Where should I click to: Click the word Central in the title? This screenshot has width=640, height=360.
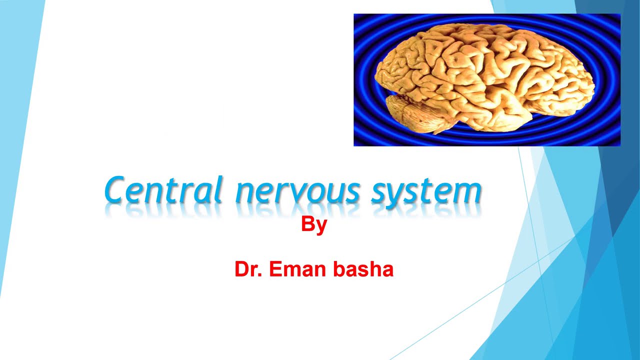(x=163, y=190)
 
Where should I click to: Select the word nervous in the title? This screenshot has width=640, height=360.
(x=297, y=192)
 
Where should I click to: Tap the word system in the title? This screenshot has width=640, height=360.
(x=426, y=192)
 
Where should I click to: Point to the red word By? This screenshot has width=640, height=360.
(x=314, y=224)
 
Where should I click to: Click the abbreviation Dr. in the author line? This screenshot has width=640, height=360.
(x=249, y=269)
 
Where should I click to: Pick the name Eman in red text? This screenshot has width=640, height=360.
(x=290, y=269)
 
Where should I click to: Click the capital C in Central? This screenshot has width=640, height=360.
(x=116, y=190)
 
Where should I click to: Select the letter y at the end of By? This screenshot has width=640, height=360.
(x=321, y=226)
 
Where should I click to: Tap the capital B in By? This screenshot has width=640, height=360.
(x=307, y=224)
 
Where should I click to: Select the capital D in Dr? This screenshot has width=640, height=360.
(x=241, y=269)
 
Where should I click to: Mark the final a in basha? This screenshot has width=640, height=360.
(x=387, y=270)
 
